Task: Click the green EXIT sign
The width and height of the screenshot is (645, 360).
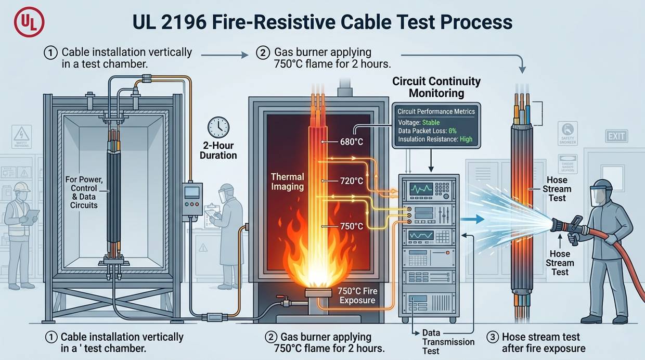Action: coord(616,136)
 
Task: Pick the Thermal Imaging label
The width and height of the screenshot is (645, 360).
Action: coord(287,182)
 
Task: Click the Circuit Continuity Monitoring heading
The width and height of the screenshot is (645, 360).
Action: coord(436,87)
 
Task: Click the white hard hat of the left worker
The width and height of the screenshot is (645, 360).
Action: coord(21,187)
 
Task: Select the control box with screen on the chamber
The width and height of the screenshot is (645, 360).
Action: coord(192,197)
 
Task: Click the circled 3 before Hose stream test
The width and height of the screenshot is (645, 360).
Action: coord(492,337)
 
